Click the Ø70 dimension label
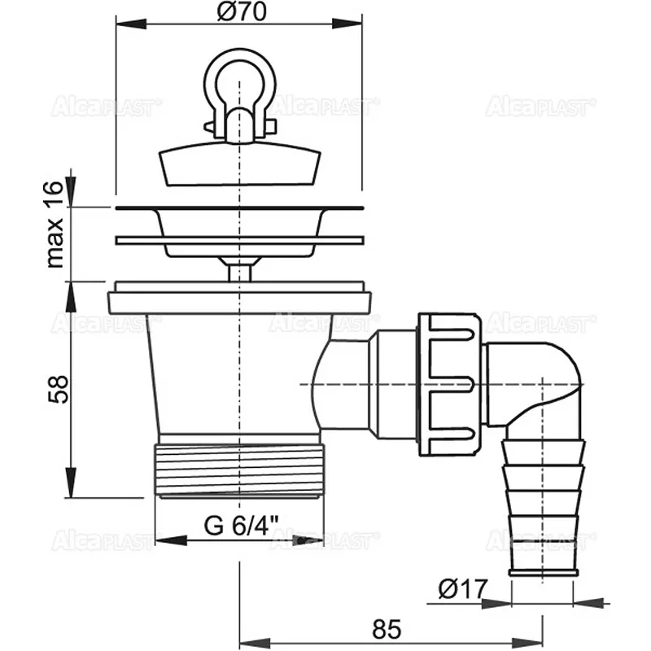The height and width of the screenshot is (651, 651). pos(241,11)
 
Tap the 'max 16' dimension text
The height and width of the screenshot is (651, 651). pos(55,225)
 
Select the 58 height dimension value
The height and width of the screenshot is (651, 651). pos(58,389)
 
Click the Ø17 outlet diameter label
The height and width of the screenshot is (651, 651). pos(462,588)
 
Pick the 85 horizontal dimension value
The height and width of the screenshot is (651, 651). pos(387,629)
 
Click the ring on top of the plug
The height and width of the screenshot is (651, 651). pos(240,79)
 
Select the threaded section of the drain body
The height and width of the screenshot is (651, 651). pos(239,470)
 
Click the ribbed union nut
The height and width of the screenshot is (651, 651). pos(450,384)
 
